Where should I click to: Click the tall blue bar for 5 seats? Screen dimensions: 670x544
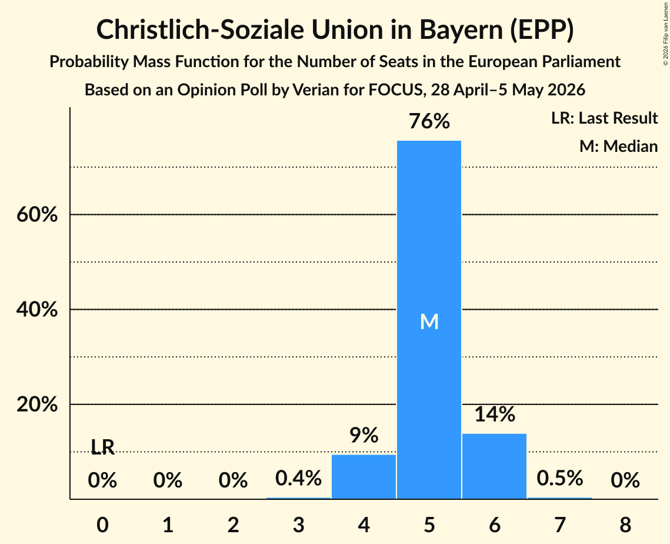pyautogui.click(x=429, y=320)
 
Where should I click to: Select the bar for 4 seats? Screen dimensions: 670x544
pyautogui.click(x=364, y=476)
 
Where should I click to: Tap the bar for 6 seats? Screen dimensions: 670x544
pyautogui.click(x=494, y=466)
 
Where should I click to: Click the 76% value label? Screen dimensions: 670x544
pyautogui.click(x=429, y=121)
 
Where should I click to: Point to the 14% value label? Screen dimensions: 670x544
pyautogui.click(x=495, y=414)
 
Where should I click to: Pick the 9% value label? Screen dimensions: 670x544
pyautogui.click(x=364, y=435)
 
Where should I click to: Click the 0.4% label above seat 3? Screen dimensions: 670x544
pyautogui.click(x=298, y=478)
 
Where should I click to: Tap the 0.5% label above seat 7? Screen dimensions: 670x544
pyautogui.click(x=560, y=478)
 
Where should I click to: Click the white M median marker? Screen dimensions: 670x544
pyautogui.click(x=429, y=321)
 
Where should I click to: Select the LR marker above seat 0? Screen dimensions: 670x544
pyautogui.click(x=102, y=447)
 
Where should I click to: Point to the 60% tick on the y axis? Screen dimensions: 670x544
pyautogui.click(x=37, y=214)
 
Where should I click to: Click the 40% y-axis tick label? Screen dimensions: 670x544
pyautogui.click(x=37, y=309)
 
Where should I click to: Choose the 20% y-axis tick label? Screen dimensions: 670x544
pyautogui.click(x=37, y=404)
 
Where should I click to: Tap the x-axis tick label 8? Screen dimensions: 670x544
pyautogui.click(x=625, y=525)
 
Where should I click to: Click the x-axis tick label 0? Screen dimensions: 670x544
pyautogui.click(x=102, y=525)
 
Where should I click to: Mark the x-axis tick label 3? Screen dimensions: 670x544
pyautogui.click(x=298, y=525)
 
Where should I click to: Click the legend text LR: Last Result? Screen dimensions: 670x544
pyautogui.click(x=604, y=118)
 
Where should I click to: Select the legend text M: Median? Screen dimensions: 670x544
pyautogui.click(x=618, y=146)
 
